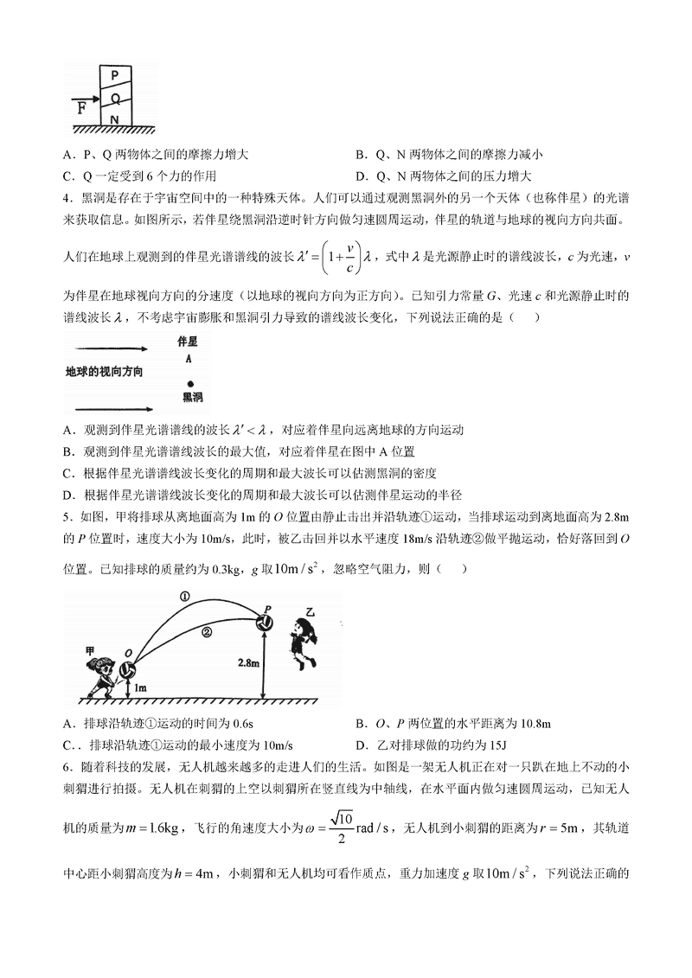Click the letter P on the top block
pyautogui.click(x=113, y=75)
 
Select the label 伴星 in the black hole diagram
pyautogui.click(x=189, y=342)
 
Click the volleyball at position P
pyautogui.click(x=266, y=621)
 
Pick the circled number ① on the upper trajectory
pyautogui.click(x=184, y=596)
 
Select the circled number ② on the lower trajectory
pyautogui.click(x=206, y=632)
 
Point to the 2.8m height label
pyautogui.click(x=247, y=662)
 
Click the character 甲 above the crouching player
pyautogui.click(x=89, y=647)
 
